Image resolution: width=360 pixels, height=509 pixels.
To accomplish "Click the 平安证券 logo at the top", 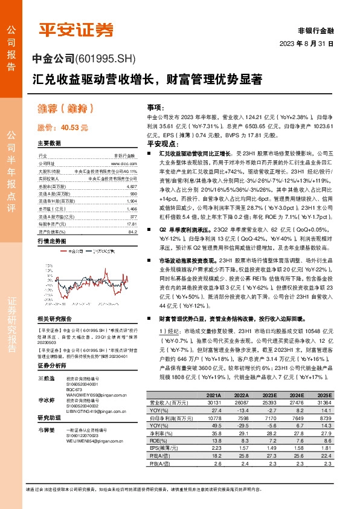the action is [x=77, y=29].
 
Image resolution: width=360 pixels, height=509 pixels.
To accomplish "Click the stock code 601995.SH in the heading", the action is [x=106, y=59].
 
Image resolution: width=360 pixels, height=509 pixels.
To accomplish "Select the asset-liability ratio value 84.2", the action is [x=132, y=230].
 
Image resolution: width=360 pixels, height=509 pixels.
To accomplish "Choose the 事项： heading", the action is [x=155, y=106].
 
